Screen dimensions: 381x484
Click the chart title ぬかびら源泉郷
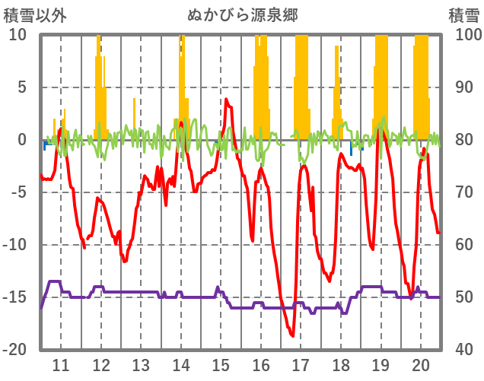(x=242, y=14)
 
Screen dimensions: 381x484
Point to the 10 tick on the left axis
(x=18, y=35)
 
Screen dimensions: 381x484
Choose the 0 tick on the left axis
(x=22, y=140)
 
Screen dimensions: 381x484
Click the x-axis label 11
(x=61, y=364)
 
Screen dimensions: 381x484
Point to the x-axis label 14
(x=180, y=364)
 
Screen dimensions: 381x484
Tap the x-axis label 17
(x=301, y=364)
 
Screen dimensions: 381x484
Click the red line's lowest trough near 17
(x=292, y=335)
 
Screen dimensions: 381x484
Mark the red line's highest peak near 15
(x=226, y=99)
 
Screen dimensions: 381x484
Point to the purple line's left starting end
(x=42, y=307)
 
